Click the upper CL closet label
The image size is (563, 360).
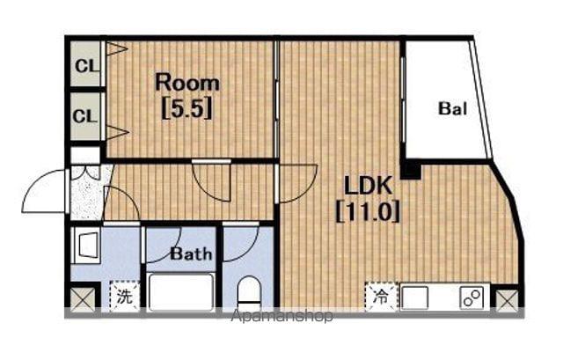[x=86, y=66]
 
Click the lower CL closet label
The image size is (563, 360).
[x=85, y=116]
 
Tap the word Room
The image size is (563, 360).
[x=187, y=83]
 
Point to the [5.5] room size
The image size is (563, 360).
[x=187, y=108]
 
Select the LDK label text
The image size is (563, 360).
[x=368, y=186]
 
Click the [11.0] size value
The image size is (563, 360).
[x=368, y=211]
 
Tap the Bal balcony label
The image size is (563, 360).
[x=452, y=108]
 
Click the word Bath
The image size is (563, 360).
[x=191, y=254]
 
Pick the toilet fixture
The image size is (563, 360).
[x=249, y=291]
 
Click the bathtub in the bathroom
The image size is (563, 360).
[x=180, y=291]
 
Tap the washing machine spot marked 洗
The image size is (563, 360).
[x=125, y=296]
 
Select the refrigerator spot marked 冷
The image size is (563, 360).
[x=381, y=297]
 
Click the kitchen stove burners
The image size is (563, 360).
[x=472, y=298]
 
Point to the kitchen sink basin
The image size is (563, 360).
[x=414, y=298]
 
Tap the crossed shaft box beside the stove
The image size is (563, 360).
[x=507, y=301]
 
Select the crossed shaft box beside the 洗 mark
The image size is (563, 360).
[x=82, y=299]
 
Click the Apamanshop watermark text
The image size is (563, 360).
[x=281, y=316]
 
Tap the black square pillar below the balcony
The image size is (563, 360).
[x=411, y=170]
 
